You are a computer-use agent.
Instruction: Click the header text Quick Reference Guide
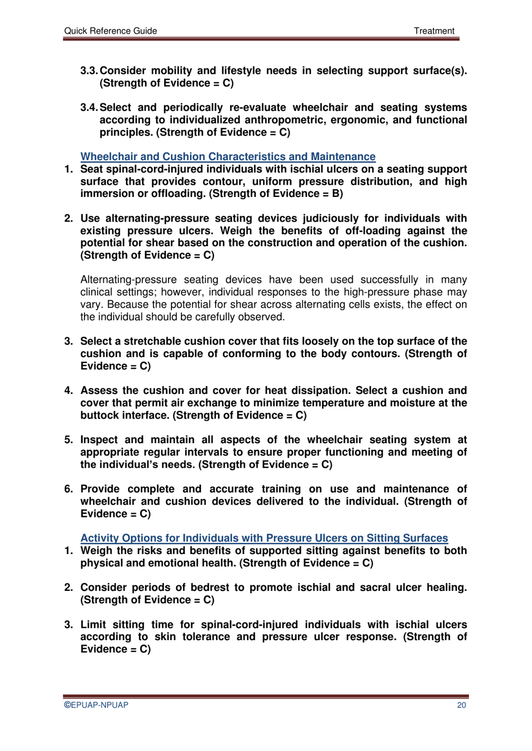pyautogui.click(x=110, y=31)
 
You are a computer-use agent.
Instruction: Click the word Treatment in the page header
pyautogui.click(x=434, y=31)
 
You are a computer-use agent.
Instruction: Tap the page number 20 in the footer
pyautogui.click(x=461, y=705)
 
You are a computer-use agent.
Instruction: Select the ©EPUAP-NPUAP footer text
pyautogui.click(x=96, y=705)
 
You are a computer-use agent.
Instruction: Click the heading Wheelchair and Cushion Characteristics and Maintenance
pyautogui.click(x=228, y=157)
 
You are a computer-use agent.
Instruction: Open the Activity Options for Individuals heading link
pyautogui.click(x=264, y=538)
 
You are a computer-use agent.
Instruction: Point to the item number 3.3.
pyautogui.click(x=89, y=71)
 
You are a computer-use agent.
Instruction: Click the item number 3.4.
pyautogui.click(x=89, y=107)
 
